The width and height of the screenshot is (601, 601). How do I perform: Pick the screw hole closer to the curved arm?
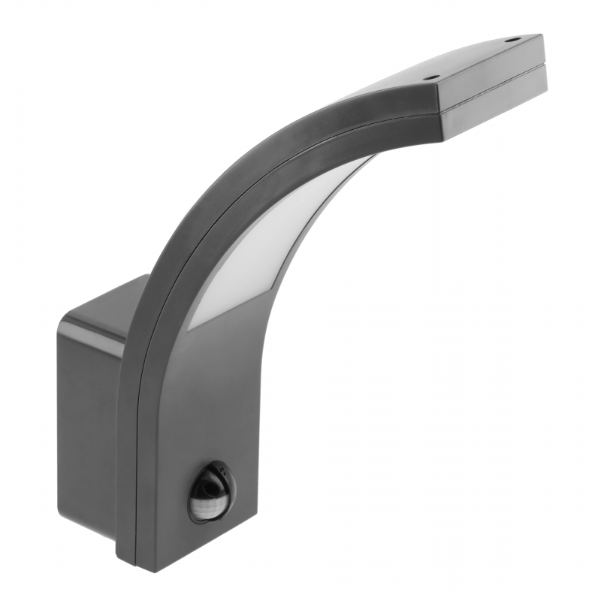point(431,76)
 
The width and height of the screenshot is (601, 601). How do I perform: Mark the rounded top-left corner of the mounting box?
point(68,319)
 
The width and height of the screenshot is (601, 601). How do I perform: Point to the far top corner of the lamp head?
point(539,35)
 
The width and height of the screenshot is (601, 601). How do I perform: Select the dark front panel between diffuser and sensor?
point(210,391)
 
